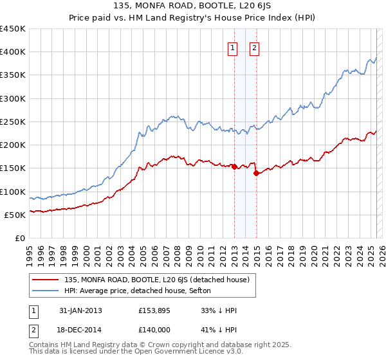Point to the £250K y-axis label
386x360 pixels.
click(13, 122)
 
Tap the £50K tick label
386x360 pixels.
click(15, 215)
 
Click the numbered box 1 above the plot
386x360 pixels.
click(232, 47)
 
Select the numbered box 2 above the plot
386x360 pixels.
click(255, 47)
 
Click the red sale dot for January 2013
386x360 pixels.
click(234, 166)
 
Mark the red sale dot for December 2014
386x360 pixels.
click(256, 173)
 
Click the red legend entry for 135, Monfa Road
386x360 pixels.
click(161, 280)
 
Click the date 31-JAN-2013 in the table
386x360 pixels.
click(80, 310)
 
